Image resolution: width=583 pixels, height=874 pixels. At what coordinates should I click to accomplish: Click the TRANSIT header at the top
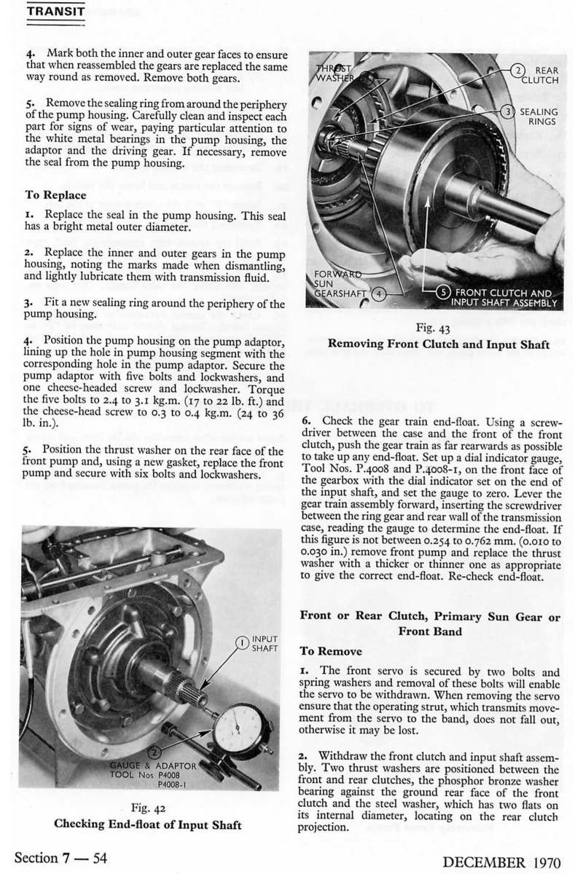click(x=55, y=12)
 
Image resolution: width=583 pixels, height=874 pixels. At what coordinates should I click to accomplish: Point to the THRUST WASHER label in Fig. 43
click(x=335, y=74)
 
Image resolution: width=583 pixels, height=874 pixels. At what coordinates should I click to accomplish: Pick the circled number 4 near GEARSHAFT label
click(x=377, y=294)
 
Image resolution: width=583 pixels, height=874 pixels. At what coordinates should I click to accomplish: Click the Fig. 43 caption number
click(x=431, y=328)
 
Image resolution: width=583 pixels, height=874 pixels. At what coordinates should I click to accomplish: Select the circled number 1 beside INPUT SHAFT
click(x=240, y=642)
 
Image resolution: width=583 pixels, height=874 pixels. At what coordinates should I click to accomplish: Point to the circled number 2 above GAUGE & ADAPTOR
click(x=154, y=752)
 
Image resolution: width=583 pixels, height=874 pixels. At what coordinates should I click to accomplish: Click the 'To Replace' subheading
click(x=56, y=195)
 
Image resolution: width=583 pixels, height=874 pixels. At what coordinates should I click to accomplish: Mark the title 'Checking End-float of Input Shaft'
click(x=148, y=824)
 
